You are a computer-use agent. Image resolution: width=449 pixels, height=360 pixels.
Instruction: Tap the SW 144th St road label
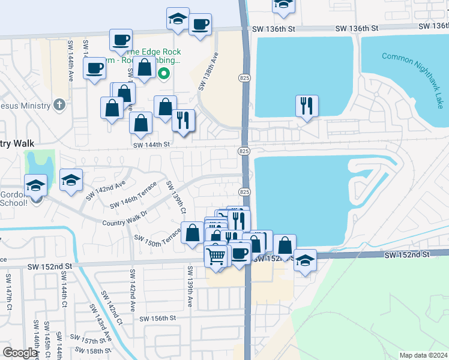152,145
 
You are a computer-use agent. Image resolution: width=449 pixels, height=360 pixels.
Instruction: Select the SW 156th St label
157,319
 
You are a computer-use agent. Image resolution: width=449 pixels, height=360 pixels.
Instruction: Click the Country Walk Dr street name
125,217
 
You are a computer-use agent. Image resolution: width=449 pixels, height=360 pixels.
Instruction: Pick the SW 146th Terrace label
133,196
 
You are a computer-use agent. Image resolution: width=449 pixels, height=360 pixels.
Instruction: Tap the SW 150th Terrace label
157,239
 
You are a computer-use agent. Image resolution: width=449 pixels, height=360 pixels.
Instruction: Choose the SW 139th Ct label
176,197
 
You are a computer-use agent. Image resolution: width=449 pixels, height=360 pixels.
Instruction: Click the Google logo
20,353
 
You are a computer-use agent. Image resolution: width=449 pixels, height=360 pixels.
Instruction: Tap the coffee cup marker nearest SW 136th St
200,25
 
